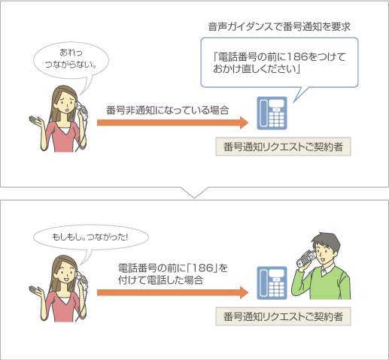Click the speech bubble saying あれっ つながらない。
(x=72, y=59)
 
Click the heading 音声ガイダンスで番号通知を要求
(x=280, y=27)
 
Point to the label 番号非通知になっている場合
(x=168, y=110)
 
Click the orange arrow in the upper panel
(x=172, y=123)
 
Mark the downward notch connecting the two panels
(x=194, y=192)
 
